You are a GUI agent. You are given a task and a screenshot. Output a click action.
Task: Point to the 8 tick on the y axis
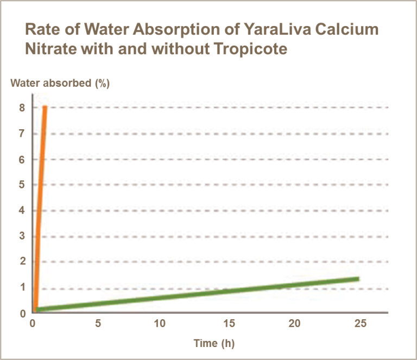tap(22, 108)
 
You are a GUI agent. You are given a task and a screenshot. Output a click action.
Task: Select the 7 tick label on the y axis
tap(22, 134)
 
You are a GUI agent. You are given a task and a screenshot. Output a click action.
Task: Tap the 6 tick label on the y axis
tap(22, 160)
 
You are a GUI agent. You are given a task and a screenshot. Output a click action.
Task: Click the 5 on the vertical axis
tap(22, 185)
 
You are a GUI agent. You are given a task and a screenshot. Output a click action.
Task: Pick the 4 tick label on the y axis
tap(22, 211)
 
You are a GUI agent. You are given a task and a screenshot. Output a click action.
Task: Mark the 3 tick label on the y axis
tap(22, 236)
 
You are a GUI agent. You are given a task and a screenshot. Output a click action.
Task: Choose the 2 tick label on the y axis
tap(22, 262)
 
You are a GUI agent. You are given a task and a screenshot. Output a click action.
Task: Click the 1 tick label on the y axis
tap(22, 288)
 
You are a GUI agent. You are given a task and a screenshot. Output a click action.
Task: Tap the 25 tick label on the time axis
tap(360, 324)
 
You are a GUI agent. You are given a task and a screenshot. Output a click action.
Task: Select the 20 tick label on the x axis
tap(294, 324)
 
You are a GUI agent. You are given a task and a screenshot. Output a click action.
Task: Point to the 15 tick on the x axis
tap(229, 324)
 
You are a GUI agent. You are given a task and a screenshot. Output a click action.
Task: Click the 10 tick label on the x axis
tap(160, 324)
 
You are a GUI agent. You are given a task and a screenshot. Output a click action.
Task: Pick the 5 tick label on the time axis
tap(98, 324)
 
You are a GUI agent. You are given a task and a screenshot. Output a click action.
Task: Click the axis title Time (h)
tap(214, 343)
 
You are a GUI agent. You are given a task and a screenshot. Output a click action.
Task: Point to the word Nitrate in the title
tap(49, 49)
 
